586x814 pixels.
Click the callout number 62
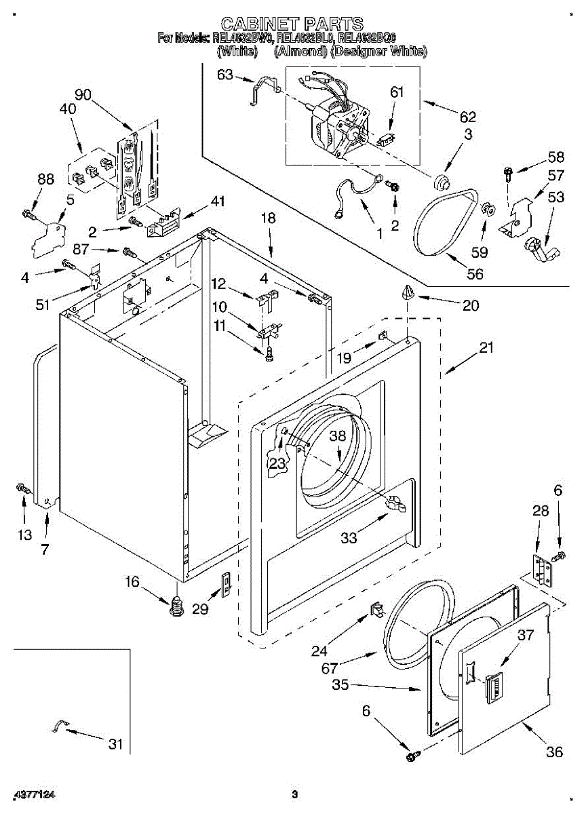[x=467, y=116]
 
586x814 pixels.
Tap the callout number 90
[x=83, y=95]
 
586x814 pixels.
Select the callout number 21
[x=486, y=347]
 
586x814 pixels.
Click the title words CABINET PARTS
[x=292, y=25]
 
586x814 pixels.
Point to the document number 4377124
[x=33, y=794]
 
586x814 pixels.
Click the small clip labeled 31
[x=58, y=726]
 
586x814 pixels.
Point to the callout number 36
[x=555, y=751]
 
